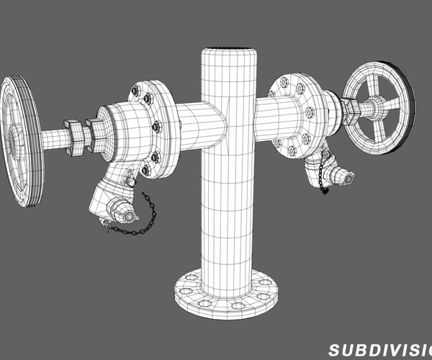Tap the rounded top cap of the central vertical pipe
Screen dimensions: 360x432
228,55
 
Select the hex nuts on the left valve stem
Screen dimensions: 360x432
77,135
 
